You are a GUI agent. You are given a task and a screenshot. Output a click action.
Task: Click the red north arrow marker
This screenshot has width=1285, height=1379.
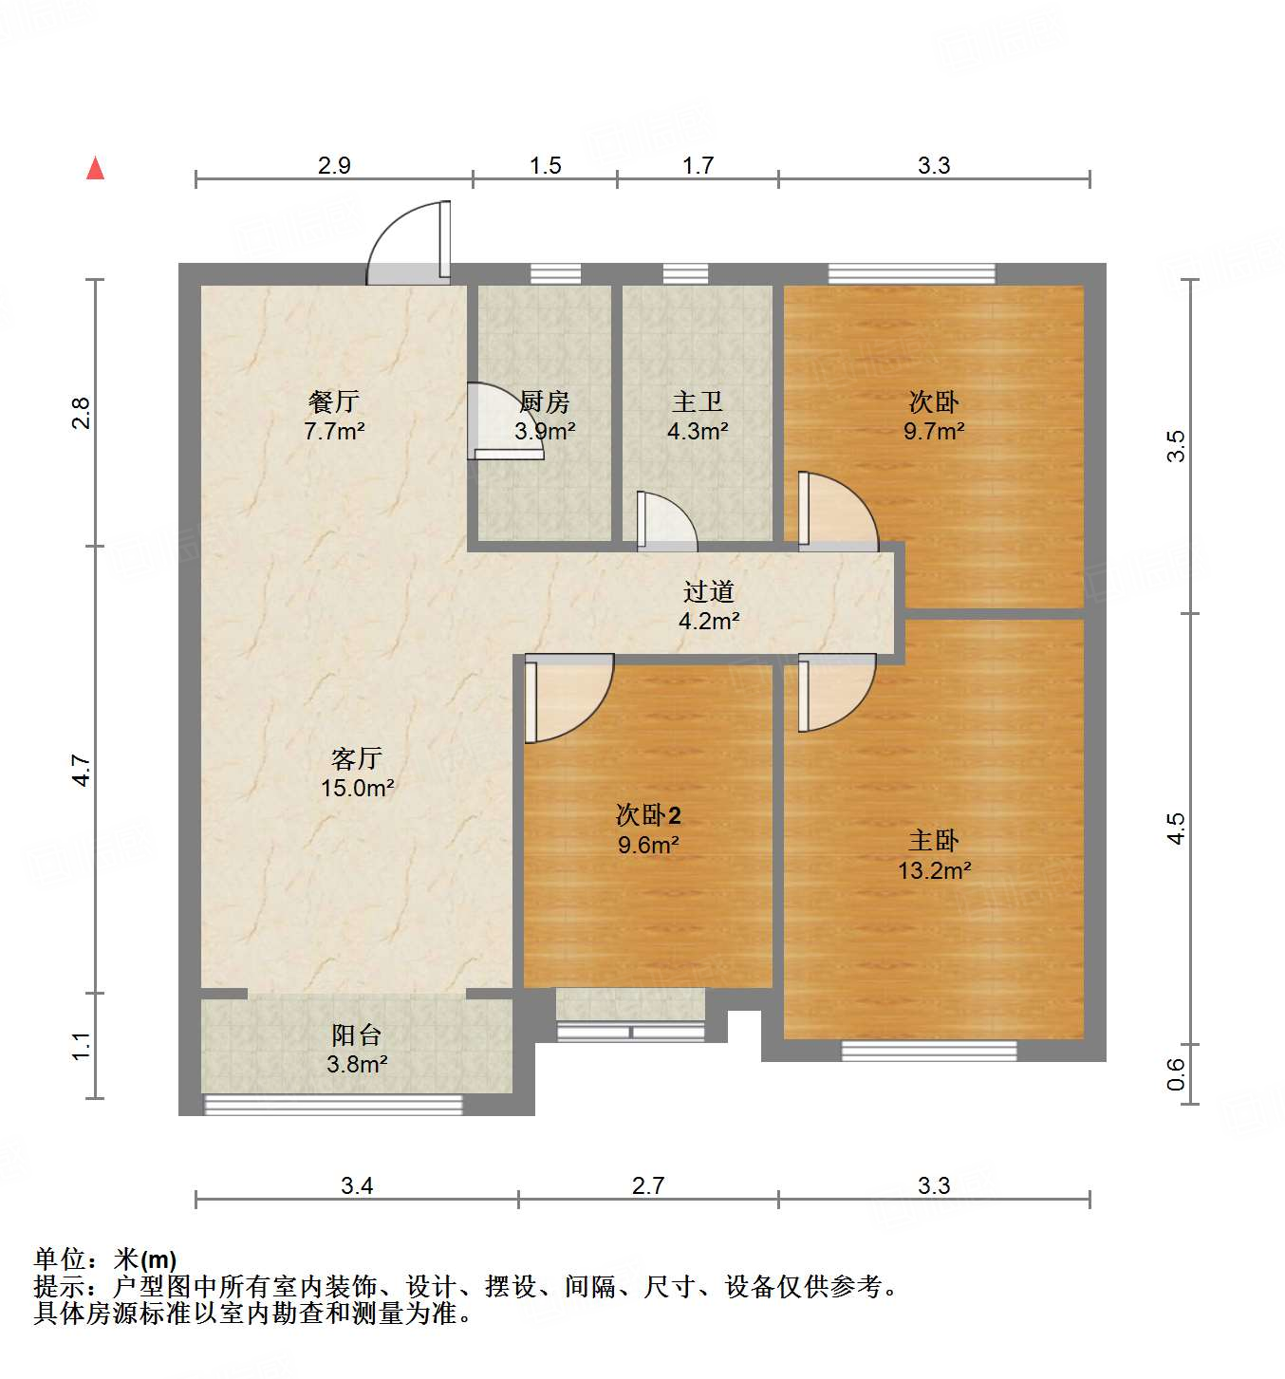(x=95, y=168)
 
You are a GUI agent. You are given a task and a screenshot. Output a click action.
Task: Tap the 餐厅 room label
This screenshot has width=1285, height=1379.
(x=333, y=401)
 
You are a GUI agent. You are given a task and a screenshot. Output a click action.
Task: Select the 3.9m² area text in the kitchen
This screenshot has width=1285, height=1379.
(x=545, y=431)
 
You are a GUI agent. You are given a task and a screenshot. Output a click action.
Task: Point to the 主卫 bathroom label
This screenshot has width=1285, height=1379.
(x=698, y=401)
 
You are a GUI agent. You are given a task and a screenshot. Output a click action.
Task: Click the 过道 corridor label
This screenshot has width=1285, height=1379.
(x=708, y=591)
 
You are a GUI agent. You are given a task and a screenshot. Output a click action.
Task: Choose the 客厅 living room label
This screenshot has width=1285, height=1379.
(x=356, y=757)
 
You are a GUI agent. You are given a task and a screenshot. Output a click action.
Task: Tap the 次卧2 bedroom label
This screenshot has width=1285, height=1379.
(x=648, y=814)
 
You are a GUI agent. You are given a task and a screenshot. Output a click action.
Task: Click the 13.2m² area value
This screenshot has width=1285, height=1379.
(x=934, y=870)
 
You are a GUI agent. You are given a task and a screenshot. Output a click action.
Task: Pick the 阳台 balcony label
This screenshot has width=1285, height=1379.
(x=356, y=1034)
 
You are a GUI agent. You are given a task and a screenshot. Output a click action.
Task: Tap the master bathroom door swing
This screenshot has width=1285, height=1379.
(x=666, y=522)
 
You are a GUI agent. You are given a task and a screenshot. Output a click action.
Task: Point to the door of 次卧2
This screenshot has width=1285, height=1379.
(x=568, y=698)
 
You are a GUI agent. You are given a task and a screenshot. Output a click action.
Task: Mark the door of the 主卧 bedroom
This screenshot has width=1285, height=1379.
(x=835, y=693)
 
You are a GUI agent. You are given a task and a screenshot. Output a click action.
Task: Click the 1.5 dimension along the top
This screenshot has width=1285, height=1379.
(x=545, y=166)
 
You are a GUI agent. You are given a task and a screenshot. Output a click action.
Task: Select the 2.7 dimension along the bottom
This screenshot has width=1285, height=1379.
(x=648, y=1185)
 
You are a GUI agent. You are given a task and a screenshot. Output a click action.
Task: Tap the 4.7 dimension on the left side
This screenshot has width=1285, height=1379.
(x=82, y=770)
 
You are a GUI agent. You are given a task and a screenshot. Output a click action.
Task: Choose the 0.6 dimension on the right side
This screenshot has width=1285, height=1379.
(x=1176, y=1073)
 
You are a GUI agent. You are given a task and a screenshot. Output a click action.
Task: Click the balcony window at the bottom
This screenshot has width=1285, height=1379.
(x=333, y=1104)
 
